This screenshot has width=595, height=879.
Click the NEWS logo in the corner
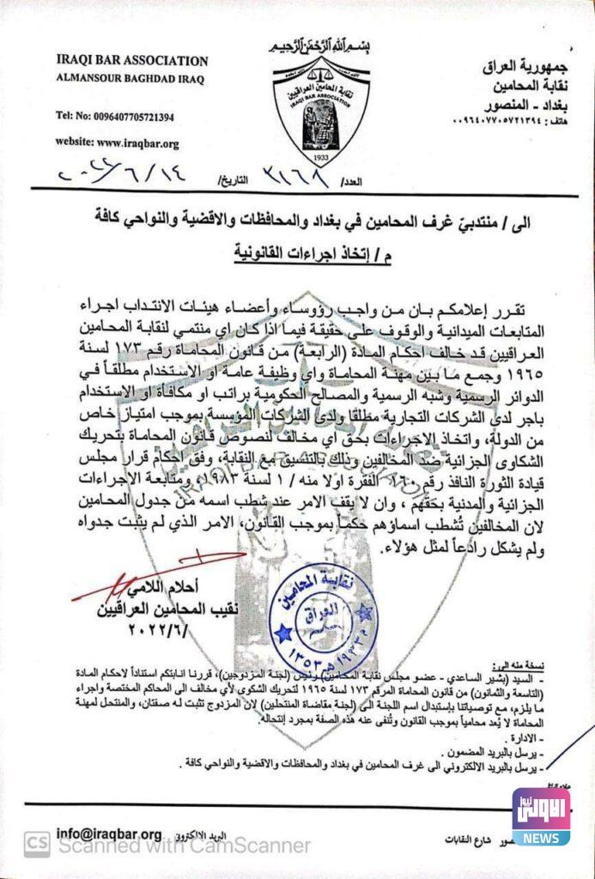[x=541, y=815]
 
